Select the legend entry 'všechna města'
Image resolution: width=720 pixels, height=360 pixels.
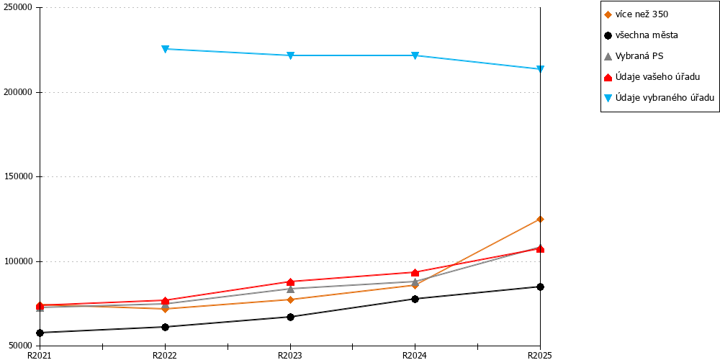coord(647,35)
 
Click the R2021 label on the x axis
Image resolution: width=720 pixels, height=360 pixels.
coord(40,355)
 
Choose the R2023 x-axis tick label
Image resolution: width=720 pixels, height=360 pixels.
coord(289,355)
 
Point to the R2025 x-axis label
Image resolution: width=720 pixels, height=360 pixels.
coord(540,355)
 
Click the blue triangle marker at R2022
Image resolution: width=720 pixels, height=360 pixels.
coord(166,49)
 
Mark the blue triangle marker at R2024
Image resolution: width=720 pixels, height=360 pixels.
coord(415,55)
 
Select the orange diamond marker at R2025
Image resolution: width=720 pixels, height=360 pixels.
coord(541,219)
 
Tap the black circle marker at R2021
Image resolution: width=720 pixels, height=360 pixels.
coord(40,333)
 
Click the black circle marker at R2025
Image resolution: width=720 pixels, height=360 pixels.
coord(541,287)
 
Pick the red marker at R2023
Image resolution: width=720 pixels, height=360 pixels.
coord(290,282)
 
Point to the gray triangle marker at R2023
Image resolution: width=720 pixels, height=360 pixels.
coord(290,289)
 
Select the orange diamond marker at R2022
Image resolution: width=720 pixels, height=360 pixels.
coord(166,309)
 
